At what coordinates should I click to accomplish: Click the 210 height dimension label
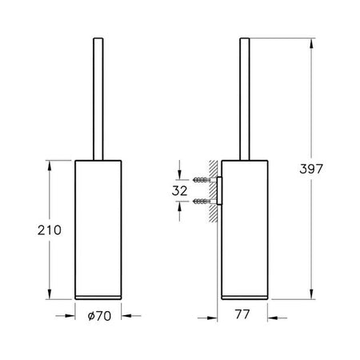[x=50, y=230]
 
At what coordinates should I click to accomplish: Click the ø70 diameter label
[x=99, y=316]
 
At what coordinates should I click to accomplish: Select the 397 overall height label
[x=311, y=169]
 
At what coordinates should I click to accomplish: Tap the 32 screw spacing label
[x=179, y=191]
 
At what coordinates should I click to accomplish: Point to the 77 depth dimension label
[x=242, y=314]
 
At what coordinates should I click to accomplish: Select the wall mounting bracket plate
[x=219, y=190]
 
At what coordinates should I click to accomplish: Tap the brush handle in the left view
[x=98, y=99]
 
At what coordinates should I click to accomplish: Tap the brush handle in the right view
[x=245, y=99]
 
